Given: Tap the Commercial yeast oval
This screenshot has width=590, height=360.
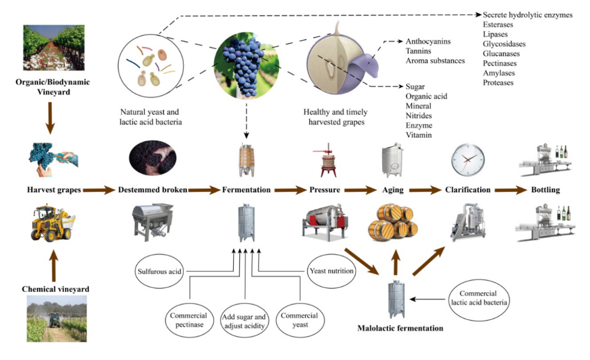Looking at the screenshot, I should (299, 320).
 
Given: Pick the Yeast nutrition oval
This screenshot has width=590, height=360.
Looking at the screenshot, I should (331, 271).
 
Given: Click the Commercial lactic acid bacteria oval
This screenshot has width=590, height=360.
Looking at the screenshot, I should (477, 298).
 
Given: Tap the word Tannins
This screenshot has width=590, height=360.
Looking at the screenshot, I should (418, 51).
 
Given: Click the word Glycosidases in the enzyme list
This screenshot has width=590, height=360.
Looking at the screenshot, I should (504, 44).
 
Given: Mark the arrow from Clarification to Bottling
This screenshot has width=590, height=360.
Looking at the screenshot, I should (511, 190).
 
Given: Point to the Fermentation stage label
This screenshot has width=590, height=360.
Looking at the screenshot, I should (246, 190).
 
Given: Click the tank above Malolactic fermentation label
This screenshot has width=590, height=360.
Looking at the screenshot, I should (395, 299).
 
